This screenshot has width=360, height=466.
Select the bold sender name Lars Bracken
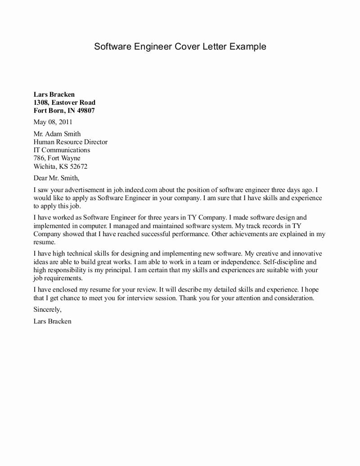click(x=54, y=94)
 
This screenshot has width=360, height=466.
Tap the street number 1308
click(x=42, y=103)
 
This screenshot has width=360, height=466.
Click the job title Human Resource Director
click(x=71, y=142)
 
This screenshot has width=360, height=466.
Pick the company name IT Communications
click(x=62, y=150)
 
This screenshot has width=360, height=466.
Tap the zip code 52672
click(x=77, y=166)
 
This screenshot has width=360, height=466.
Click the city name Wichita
click(x=45, y=166)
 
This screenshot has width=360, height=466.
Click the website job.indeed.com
click(x=134, y=190)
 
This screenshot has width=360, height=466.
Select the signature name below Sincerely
click(x=52, y=322)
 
